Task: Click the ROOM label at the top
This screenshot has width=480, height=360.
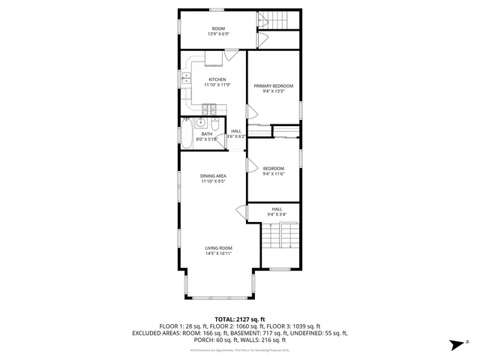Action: click(217, 28)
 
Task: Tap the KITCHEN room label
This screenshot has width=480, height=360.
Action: click(217, 79)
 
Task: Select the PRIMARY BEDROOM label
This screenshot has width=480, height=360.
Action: click(273, 86)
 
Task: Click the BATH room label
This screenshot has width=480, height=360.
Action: click(207, 134)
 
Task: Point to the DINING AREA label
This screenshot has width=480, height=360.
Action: click(213, 176)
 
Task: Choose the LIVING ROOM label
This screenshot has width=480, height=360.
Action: click(219, 248)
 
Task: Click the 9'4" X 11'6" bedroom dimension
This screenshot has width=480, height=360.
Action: click(273, 173)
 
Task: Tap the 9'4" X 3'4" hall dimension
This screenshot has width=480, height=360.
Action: click(277, 214)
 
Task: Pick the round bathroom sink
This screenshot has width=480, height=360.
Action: click(201, 124)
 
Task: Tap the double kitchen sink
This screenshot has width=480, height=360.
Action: click(185, 79)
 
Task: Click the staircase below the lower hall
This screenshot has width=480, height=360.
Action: click(280, 236)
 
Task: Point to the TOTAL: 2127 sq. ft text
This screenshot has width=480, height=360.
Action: click(240, 319)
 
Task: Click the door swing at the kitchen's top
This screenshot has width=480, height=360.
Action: click(232, 55)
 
